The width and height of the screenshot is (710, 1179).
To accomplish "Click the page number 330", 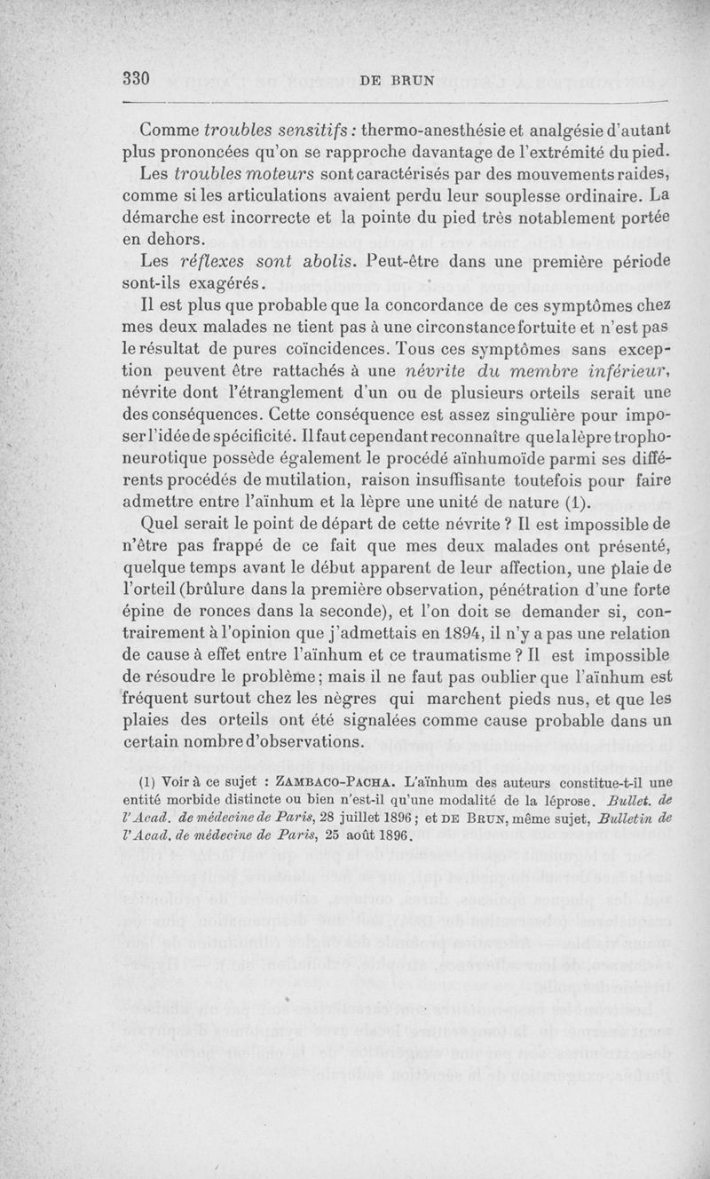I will [x=134, y=79].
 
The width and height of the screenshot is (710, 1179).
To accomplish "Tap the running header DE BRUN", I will [x=398, y=80].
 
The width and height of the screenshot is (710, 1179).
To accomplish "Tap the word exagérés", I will [x=225, y=285].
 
